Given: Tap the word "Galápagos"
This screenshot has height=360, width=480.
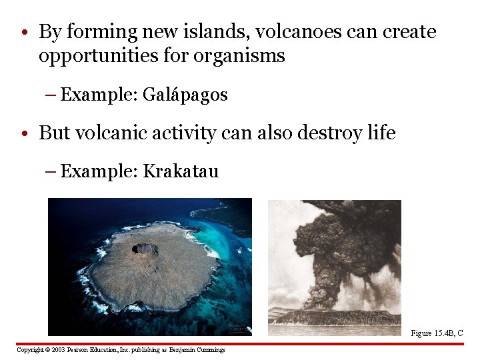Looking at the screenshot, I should [185, 95].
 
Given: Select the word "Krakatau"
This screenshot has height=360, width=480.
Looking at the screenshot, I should [181, 171].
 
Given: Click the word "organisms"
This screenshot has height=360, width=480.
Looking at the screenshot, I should [239, 56].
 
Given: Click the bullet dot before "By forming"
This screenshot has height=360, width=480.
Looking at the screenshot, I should [23, 33].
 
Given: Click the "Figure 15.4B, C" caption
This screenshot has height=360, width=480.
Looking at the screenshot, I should [437, 333].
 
